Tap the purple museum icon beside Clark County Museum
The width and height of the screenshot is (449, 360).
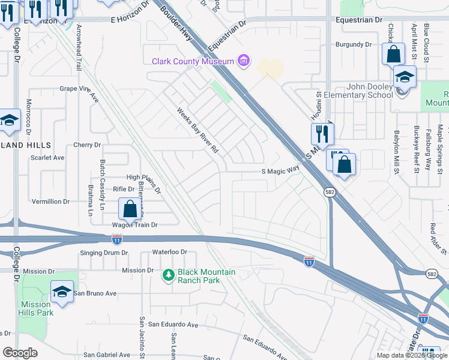tap(244, 61)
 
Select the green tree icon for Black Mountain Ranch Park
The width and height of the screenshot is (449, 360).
tap(169, 275)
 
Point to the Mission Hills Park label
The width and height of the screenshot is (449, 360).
tap(37, 308)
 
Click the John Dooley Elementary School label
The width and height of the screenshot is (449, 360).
tap(358, 91)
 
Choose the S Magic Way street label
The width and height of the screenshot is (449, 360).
tap(280, 171)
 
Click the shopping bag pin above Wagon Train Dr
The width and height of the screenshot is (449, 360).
tap(130, 210)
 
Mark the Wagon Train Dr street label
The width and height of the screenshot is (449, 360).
tap(135, 225)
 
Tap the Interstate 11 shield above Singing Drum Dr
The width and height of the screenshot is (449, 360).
tap(117, 239)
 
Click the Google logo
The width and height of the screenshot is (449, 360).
tap(20, 353)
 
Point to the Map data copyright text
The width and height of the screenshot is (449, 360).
tap(412, 355)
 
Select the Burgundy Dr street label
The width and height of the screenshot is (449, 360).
tap(354, 44)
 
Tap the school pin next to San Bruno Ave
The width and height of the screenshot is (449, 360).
tap(62, 292)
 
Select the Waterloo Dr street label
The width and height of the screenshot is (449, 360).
tap(170, 253)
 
